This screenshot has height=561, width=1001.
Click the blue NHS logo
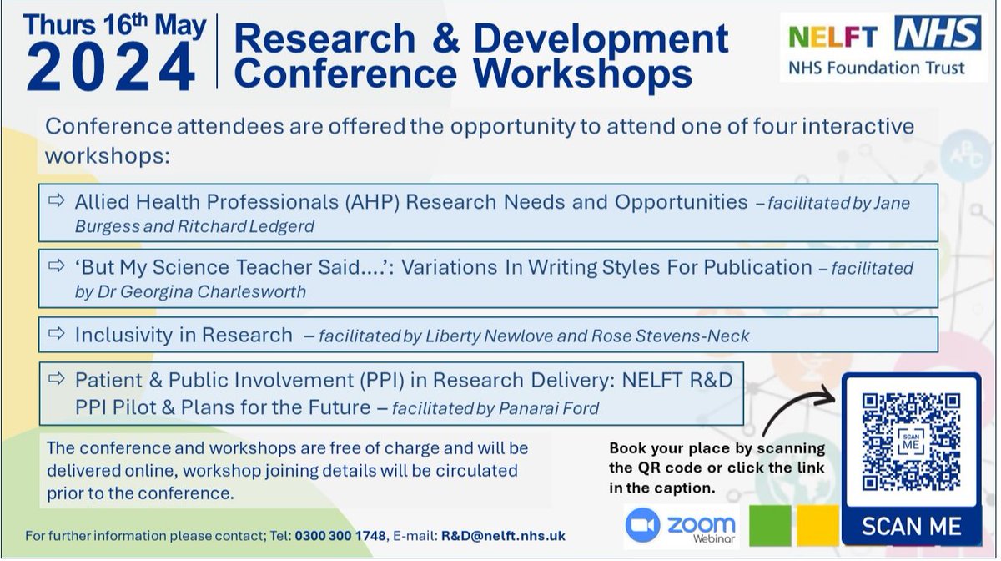(937, 34)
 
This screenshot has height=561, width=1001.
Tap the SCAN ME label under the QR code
(910, 527)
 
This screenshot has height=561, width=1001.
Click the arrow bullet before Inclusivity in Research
(57, 334)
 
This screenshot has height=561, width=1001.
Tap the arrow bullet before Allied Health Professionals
(57, 200)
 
